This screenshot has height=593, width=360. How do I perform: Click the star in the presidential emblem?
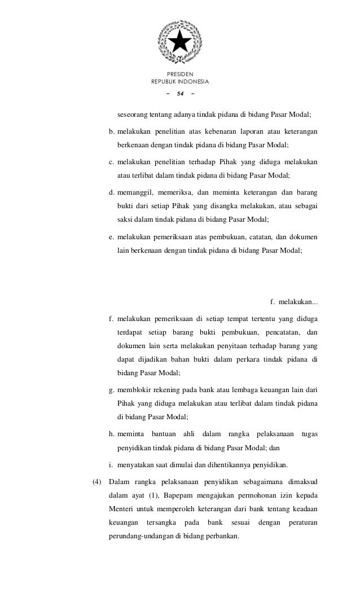[x=179, y=41]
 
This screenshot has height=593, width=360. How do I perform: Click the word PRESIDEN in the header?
[x=180, y=74]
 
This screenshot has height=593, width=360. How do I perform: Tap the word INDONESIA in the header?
[x=193, y=82]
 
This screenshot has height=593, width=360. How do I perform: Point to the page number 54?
[x=180, y=93]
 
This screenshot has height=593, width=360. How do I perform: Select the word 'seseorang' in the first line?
[x=131, y=115]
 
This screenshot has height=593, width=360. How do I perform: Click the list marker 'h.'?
[x=112, y=434]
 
